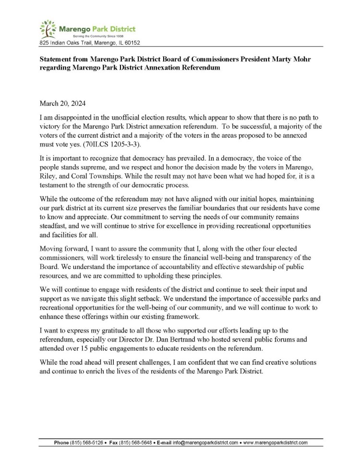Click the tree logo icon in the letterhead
[48, 29]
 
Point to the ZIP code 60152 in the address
[131, 43]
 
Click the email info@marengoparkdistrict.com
[205, 443]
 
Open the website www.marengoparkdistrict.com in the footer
[276, 443]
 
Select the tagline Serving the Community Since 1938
[96, 36]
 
